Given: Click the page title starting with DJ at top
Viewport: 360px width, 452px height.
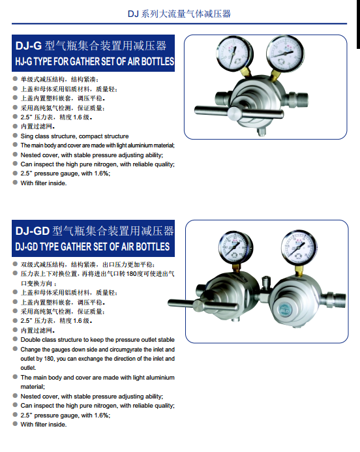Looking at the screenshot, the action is tap(179, 14).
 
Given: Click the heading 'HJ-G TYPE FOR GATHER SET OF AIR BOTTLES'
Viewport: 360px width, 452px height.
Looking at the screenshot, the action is tap(95, 61).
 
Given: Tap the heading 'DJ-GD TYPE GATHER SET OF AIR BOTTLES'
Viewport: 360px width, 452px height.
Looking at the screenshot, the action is tap(92, 247).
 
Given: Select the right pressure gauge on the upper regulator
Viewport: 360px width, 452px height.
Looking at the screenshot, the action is tap(285, 53).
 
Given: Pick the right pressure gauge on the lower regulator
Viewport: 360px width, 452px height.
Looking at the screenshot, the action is tap(299, 247).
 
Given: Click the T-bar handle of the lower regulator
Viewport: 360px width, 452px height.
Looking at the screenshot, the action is tap(203, 305).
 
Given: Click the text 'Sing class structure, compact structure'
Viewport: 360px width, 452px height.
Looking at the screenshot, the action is tap(74, 136).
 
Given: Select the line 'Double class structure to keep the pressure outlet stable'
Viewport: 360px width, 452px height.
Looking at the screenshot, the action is tap(97, 340).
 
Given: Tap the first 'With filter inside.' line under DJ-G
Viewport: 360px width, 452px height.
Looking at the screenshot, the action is tap(44, 183).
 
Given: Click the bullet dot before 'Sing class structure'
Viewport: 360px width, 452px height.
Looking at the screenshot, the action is tap(15, 136).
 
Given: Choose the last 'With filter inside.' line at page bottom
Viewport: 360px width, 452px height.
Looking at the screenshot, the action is tap(44, 425).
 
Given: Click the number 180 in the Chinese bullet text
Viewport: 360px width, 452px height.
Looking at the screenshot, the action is tap(132, 273).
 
